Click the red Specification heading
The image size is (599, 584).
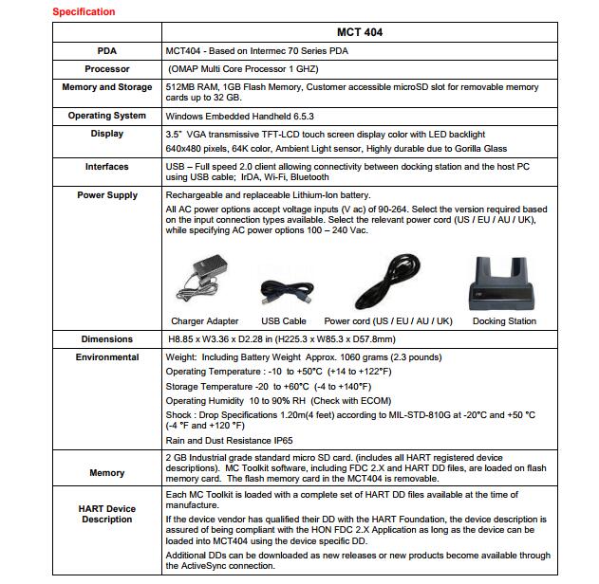[x=84, y=12]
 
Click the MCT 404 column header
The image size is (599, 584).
[x=360, y=32]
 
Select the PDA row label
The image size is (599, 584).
[x=107, y=50]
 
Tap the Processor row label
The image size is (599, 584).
[x=107, y=69]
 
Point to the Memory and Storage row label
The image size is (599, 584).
[x=107, y=87]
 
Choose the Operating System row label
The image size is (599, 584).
[x=107, y=116]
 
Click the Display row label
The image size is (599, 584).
[x=107, y=134]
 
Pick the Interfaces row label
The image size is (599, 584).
[x=107, y=167]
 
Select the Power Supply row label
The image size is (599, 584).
[x=107, y=195]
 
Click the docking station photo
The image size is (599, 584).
[x=503, y=282]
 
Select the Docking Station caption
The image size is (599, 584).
[x=504, y=321]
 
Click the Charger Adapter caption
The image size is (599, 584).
[x=205, y=321]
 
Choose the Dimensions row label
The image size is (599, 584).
[x=107, y=339]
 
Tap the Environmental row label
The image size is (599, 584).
[x=107, y=357]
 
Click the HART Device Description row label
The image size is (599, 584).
[x=107, y=514]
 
